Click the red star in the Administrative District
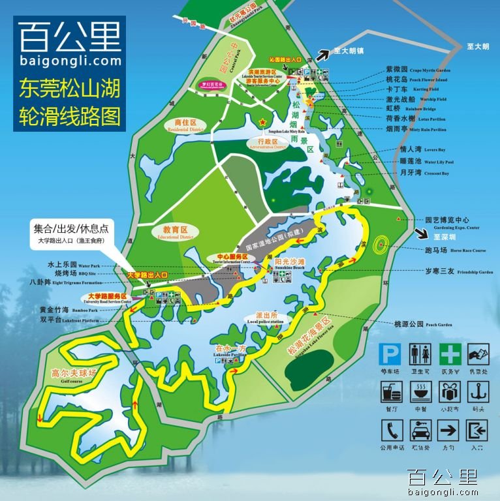(262, 122)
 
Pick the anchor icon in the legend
(478, 392)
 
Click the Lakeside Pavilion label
(230, 352)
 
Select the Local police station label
(265, 318)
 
